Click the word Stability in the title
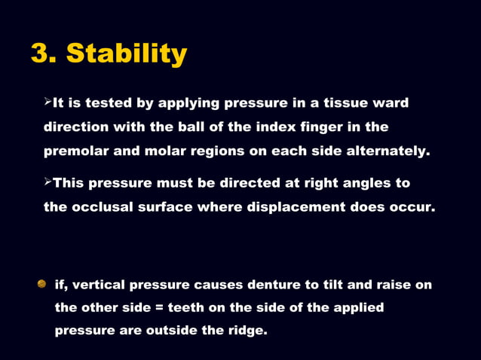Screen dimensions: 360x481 [127, 54]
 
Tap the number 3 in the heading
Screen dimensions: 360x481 [41, 54]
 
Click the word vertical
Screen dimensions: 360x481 [102, 285]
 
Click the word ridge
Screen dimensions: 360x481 [245, 330]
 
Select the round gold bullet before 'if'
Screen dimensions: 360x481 [42, 284]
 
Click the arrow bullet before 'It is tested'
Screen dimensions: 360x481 [47, 101]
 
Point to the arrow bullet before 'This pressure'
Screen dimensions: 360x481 [47, 182]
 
